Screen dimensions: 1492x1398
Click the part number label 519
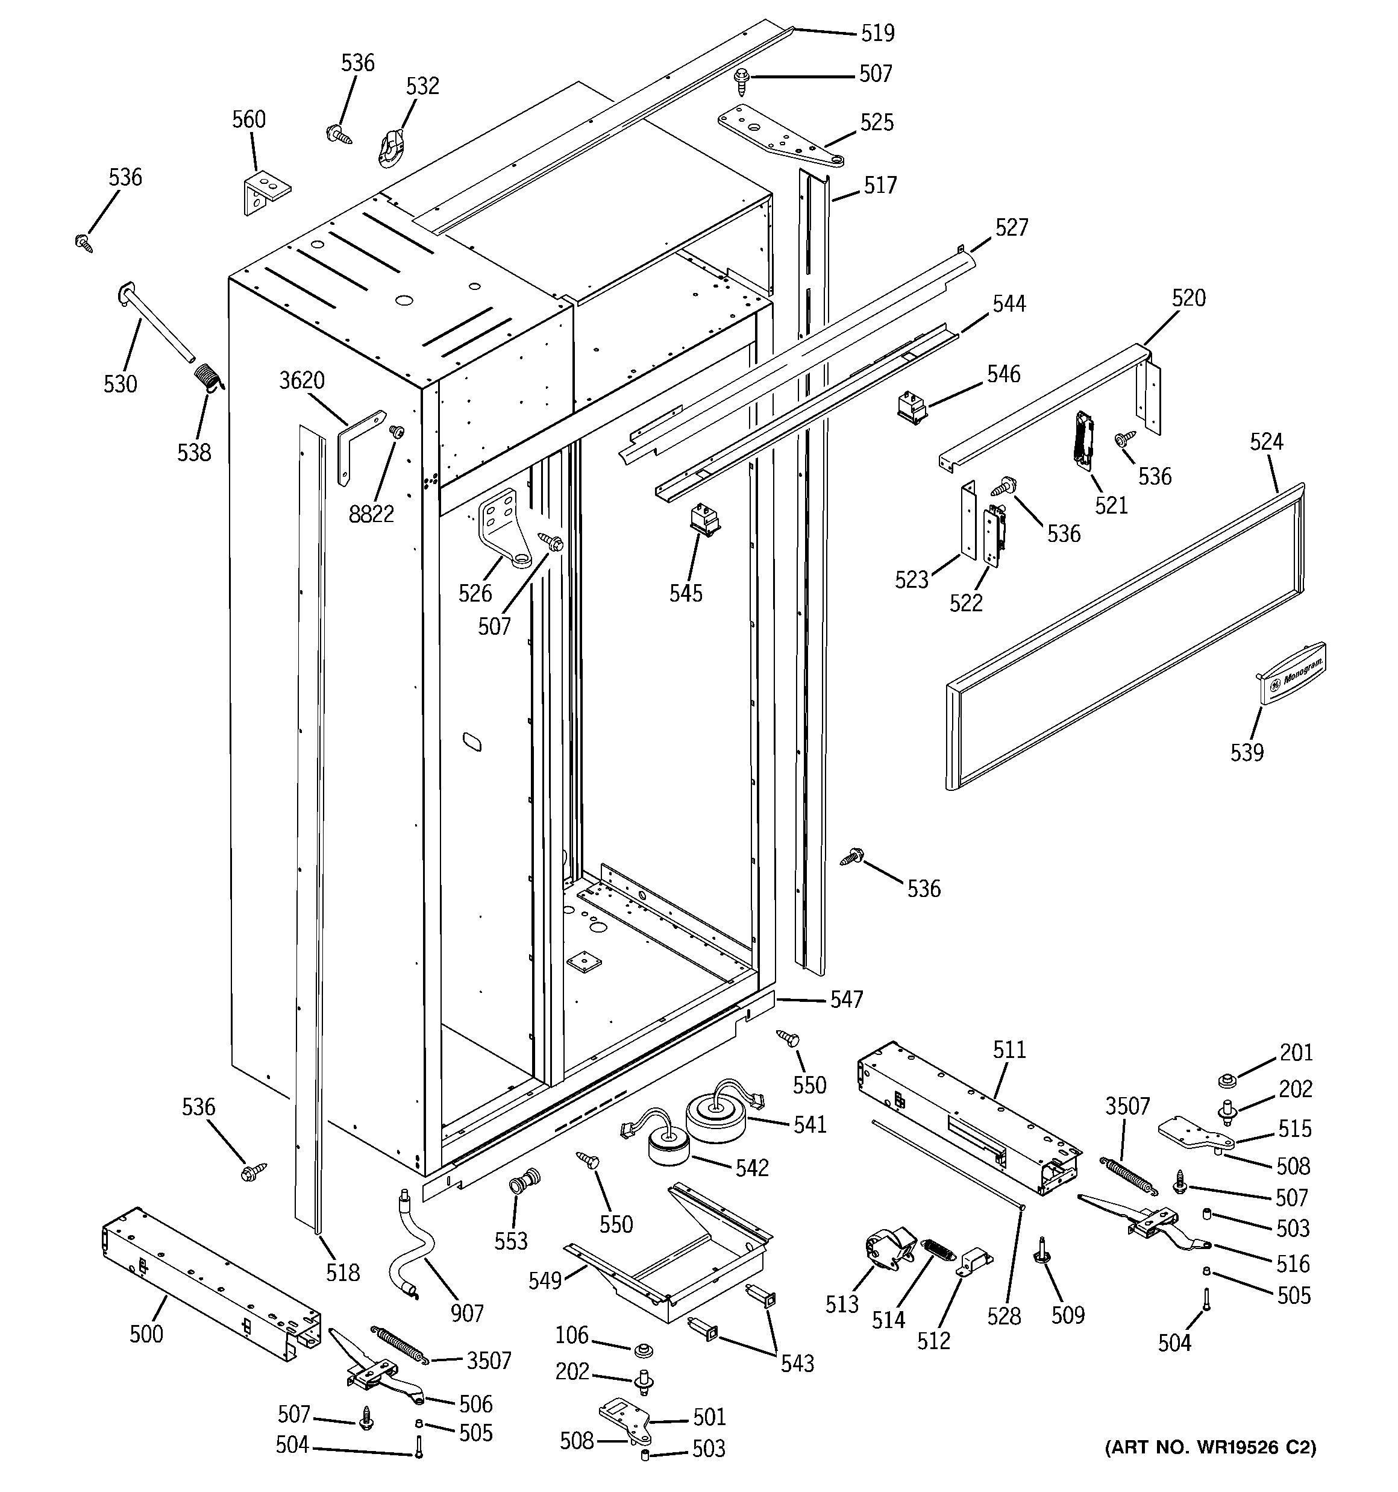click(x=877, y=33)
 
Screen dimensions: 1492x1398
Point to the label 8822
click(x=371, y=514)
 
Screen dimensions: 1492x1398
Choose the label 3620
click(x=302, y=380)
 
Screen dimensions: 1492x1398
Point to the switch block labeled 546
click(x=912, y=406)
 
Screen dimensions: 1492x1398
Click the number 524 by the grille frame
click(x=1266, y=442)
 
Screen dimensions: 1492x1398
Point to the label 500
click(x=146, y=1333)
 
